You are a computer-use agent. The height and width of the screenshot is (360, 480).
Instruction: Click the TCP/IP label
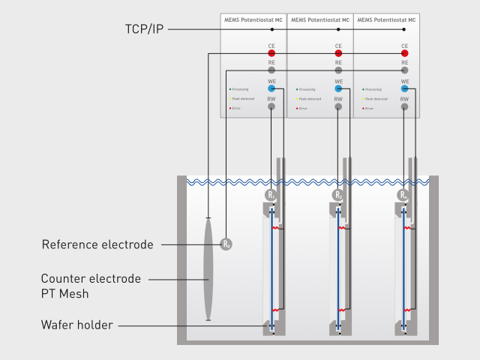(x=144, y=29)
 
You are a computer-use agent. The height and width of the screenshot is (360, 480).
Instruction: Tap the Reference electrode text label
(x=97, y=244)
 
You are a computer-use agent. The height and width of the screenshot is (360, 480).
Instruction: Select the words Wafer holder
(x=78, y=325)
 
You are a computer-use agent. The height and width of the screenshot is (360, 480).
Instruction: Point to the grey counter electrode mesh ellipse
(x=208, y=269)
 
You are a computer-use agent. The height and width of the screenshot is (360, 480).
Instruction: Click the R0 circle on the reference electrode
(x=226, y=244)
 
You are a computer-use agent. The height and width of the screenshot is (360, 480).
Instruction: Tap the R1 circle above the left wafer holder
(x=271, y=196)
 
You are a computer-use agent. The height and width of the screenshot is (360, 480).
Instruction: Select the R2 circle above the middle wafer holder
(x=337, y=196)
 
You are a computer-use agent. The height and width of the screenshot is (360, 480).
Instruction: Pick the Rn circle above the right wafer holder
(x=403, y=196)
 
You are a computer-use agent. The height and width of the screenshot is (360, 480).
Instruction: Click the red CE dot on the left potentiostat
(x=271, y=54)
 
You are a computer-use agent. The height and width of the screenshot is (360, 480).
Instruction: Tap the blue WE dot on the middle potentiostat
(x=338, y=88)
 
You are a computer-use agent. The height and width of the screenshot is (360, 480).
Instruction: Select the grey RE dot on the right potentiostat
(x=404, y=70)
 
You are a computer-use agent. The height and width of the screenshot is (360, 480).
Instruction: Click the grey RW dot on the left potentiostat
(x=271, y=106)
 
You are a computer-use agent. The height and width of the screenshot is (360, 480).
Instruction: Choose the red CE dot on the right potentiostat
(x=404, y=54)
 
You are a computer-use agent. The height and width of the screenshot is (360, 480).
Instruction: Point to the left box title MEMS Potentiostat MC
(x=253, y=19)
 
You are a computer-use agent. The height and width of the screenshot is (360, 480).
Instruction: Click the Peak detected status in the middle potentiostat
(x=310, y=98)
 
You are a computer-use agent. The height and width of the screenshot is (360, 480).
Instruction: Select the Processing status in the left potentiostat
(x=241, y=88)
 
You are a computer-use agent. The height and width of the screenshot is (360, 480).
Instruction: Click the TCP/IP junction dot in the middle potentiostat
(x=338, y=29)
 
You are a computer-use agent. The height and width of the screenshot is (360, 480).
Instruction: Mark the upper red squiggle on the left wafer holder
(x=276, y=226)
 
